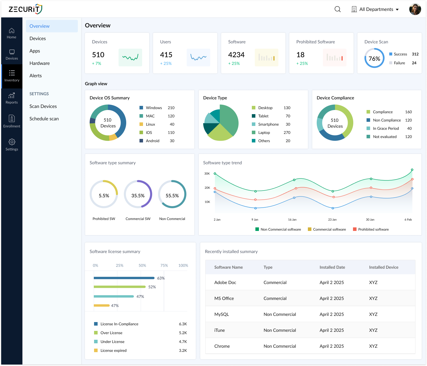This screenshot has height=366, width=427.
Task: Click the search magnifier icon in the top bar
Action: (x=338, y=9)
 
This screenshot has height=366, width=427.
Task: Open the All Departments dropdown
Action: (x=375, y=9)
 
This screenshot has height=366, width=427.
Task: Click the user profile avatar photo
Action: (x=415, y=9)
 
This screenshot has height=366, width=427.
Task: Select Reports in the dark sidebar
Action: (x=12, y=98)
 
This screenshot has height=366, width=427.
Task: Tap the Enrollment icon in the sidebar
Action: (x=12, y=119)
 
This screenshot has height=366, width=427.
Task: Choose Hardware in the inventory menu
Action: (x=40, y=63)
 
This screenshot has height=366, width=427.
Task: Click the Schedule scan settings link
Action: (x=44, y=119)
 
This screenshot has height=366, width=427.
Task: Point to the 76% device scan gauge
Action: (x=374, y=58)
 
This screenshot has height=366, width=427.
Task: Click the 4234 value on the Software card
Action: (x=236, y=55)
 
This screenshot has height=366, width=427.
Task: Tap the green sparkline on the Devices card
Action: (x=130, y=58)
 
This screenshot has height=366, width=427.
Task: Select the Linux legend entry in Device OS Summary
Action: (x=150, y=124)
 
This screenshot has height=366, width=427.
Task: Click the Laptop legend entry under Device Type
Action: (x=264, y=132)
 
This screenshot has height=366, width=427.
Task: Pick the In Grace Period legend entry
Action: (x=385, y=128)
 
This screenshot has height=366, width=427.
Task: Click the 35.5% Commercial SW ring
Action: (x=138, y=194)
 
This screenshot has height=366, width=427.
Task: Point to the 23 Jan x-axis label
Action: (x=332, y=219)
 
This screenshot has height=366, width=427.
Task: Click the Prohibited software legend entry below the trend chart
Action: (x=373, y=229)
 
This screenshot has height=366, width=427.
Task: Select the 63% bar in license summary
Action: (x=124, y=278)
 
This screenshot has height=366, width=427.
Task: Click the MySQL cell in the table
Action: (x=221, y=314)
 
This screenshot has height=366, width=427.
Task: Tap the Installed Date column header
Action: (x=332, y=267)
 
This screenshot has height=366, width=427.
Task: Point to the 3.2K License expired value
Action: (x=183, y=350)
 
